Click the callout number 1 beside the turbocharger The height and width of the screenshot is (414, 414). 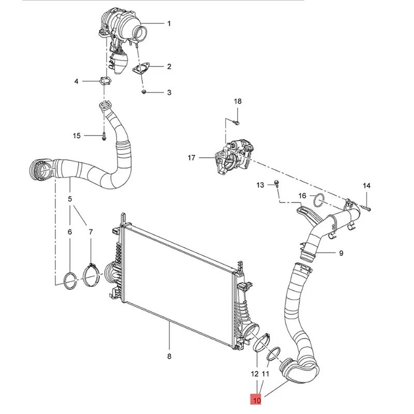168,23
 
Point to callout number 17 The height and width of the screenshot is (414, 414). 192,158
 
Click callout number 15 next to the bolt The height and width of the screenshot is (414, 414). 77,136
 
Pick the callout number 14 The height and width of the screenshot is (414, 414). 366,185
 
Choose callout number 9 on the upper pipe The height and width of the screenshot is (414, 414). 341,253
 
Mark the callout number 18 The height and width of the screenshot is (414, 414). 238,101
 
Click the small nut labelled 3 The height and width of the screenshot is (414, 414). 144,92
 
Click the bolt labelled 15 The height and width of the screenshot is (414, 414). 103,136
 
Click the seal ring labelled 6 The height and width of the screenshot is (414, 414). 68,279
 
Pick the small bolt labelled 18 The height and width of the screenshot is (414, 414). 235,123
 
